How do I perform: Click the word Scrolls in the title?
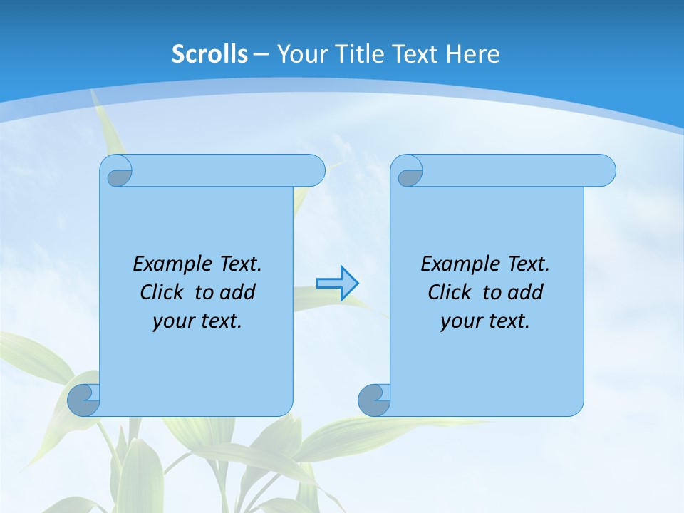coord(210,54)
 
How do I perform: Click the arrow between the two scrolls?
coord(338,284)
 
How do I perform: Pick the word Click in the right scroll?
coord(450,292)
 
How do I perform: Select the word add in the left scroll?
coord(238,292)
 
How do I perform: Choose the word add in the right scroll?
coord(526,292)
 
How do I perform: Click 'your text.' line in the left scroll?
coord(197,321)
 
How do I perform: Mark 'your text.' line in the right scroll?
coord(485,321)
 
